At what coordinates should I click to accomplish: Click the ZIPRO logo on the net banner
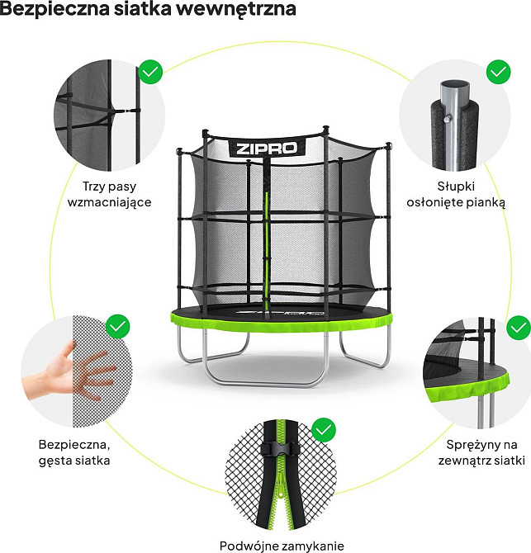click(x=267, y=148)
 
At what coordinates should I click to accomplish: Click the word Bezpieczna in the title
click(x=55, y=8)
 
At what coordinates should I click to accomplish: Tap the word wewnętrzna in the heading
click(x=239, y=9)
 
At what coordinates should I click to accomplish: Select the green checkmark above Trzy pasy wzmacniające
click(x=150, y=72)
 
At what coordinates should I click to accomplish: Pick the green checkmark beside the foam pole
click(x=498, y=72)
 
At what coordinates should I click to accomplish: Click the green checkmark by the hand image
click(x=118, y=326)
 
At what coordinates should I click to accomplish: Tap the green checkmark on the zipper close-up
click(x=324, y=430)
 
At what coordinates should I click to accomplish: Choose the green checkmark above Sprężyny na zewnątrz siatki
click(x=519, y=328)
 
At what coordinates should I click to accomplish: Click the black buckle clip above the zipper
click(x=280, y=449)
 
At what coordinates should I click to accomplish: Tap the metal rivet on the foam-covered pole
click(x=447, y=119)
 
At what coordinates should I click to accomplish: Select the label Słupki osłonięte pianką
click(x=456, y=194)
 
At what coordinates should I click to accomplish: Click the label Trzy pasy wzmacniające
click(x=109, y=194)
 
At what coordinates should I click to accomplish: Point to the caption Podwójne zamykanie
click(x=282, y=546)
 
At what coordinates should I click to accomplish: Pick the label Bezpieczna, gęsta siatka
click(x=74, y=452)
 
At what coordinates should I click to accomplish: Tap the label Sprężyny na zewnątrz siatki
click(x=481, y=452)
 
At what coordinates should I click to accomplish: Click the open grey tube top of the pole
click(x=455, y=86)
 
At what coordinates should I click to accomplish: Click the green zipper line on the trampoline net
click(x=267, y=253)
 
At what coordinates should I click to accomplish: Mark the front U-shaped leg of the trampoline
click(x=265, y=383)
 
